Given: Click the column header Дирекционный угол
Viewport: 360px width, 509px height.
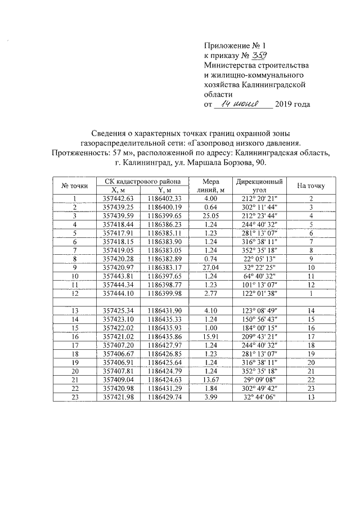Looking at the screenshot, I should click(258, 186).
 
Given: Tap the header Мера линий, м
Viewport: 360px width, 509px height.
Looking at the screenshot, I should click(210, 186).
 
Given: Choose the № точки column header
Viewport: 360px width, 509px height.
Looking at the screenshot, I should click(74, 186).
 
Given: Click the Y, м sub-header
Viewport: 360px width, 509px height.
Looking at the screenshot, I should click(165, 190).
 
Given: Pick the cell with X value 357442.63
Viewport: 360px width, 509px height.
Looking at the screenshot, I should click(119, 199).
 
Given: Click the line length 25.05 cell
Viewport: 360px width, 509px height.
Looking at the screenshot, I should click(210, 215).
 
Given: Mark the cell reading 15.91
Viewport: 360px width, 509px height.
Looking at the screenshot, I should click(210, 334).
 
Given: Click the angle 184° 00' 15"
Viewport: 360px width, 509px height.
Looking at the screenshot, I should click(258, 326).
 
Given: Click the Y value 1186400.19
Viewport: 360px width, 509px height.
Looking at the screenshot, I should click(165, 207).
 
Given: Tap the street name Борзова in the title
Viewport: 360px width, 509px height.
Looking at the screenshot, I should click(237, 163).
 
